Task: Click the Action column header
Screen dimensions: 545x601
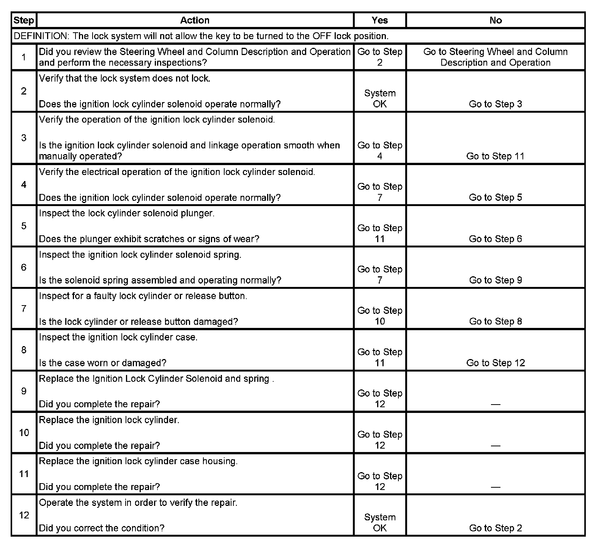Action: pos(195,20)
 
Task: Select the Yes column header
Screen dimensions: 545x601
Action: pos(380,20)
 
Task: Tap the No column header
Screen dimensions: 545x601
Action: pos(496,20)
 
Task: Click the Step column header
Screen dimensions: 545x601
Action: pos(24,20)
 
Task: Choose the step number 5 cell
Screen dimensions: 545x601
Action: pos(24,226)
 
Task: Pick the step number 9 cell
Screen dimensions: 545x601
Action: pos(24,391)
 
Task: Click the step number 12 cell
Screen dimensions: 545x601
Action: pos(24,515)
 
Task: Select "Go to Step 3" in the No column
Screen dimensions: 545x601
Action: pos(496,104)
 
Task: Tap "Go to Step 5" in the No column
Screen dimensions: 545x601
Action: pos(496,197)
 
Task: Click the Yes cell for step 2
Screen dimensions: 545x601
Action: pos(380,98)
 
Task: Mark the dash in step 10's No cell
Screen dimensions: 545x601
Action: pos(496,446)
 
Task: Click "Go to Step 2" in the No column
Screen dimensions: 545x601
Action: pos(496,528)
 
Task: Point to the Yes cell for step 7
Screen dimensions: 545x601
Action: pos(380,316)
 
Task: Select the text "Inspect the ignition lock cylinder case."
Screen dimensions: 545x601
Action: pos(118,337)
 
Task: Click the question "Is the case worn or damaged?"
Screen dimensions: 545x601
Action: pos(102,363)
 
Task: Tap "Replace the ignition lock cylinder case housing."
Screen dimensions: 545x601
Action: pos(138,461)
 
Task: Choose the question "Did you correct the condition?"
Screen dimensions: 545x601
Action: pos(102,528)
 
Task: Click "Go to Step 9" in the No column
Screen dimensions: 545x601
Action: pos(496,280)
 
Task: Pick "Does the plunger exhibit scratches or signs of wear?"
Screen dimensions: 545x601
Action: pos(149,239)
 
